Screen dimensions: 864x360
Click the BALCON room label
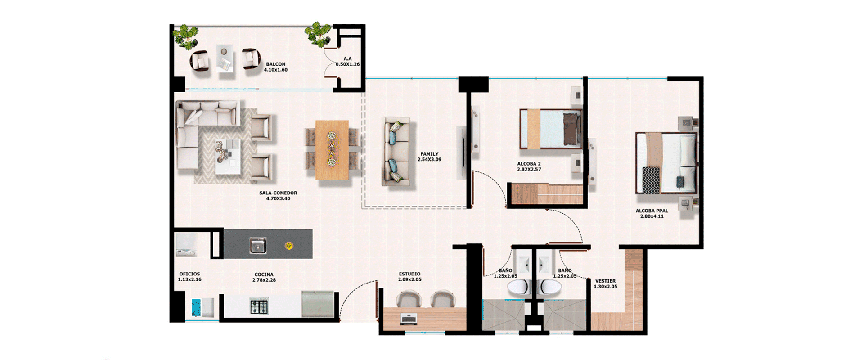(x=275, y=64)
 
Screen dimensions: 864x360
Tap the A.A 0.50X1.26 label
(x=347, y=62)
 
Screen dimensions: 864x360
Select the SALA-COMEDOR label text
(x=278, y=193)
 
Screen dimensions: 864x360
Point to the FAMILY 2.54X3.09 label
(x=429, y=157)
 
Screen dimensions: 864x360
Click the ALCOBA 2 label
(x=529, y=164)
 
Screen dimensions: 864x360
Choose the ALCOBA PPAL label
(x=652, y=211)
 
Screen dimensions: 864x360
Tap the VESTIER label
(x=605, y=281)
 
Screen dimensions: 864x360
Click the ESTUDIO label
(x=409, y=274)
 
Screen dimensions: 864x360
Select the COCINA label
(x=264, y=274)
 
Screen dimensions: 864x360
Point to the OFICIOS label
(x=189, y=274)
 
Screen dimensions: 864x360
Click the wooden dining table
(x=332, y=150)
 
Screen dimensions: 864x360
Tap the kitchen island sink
(x=258, y=246)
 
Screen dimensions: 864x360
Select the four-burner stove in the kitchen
(x=259, y=306)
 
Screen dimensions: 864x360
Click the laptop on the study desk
(x=409, y=319)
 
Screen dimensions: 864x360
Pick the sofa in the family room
(x=396, y=152)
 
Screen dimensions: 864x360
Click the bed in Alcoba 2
(x=550, y=129)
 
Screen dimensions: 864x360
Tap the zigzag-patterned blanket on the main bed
(x=651, y=180)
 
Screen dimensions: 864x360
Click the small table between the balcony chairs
(x=225, y=58)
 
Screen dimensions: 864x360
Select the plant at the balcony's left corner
(x=186, y=36)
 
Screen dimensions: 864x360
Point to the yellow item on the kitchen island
(x=289, y=246)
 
